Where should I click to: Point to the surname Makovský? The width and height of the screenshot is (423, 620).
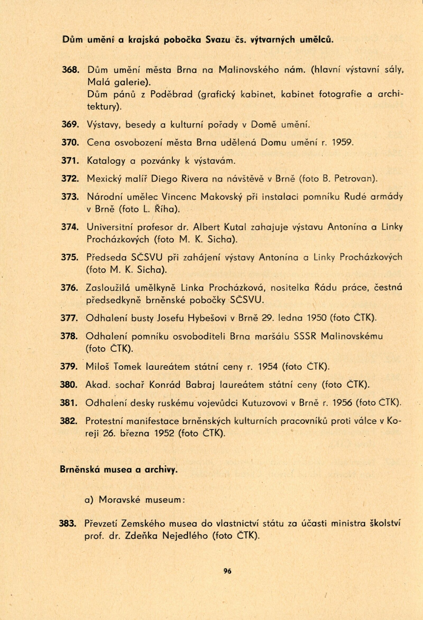click(x=221, y=197)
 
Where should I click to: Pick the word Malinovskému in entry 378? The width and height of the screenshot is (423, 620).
click(x=352, y=336)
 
